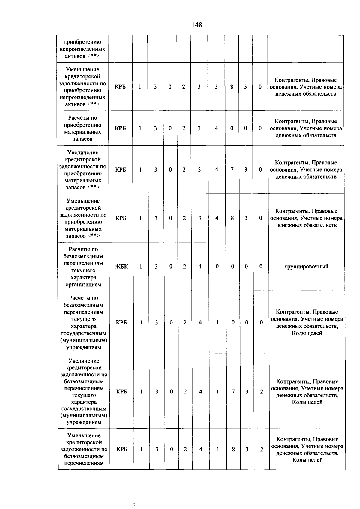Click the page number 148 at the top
pos(197,25)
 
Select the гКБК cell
pos(121,267)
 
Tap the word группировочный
pos(306,267)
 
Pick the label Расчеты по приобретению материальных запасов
pos(82,128)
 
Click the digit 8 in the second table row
pos(232,87)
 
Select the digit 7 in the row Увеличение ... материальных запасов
pos(232,170)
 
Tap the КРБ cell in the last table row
pos(122,449)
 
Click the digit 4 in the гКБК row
pos(200,267)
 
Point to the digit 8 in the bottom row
pos(233,449)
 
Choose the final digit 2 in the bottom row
pos(261,449)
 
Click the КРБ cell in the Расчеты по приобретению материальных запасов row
pos(120,128)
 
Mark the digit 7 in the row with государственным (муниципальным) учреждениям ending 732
pos(233,392)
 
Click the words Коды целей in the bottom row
pos(307,460)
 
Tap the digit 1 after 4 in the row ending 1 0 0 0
pos(217,322)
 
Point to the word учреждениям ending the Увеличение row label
pos(84,422)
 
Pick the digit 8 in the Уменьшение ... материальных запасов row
pos(232,218)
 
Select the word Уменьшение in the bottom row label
pos(84,435)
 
